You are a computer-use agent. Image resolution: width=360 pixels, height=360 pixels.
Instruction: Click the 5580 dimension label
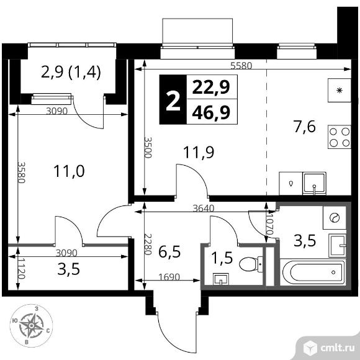pos(241,66)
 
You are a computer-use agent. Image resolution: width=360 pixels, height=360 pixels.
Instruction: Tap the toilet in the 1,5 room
pos(251,264)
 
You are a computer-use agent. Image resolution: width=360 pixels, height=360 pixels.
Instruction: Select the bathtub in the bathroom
pos(313,272)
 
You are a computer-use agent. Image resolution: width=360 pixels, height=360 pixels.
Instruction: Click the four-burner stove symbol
pos(340,137)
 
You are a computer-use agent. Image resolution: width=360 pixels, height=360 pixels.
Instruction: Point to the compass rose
pos(32,325)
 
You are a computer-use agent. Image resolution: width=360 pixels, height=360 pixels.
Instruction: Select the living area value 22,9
pos(211,88)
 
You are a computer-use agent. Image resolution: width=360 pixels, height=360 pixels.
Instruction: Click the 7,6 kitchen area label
pos(304,127)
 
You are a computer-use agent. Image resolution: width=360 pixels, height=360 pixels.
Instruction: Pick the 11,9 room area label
pos(199,152)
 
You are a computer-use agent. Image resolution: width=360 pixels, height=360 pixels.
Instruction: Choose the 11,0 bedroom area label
pos(69,171)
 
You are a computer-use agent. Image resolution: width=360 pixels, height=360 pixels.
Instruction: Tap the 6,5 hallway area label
pos(170,252)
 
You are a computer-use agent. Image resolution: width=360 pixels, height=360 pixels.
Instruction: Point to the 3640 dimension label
pos(204,209)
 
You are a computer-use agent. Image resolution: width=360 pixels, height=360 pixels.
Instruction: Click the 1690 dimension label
pos(169,277)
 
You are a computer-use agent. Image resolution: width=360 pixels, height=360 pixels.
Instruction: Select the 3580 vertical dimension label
pos(21,172)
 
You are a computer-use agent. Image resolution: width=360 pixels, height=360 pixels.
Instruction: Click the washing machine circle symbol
pos(335,217)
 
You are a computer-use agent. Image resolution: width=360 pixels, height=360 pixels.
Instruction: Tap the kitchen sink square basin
pos(314,183)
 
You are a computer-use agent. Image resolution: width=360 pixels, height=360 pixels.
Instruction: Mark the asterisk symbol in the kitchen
pos(339,91)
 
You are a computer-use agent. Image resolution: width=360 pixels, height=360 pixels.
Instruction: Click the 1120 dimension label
pos(21,268)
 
